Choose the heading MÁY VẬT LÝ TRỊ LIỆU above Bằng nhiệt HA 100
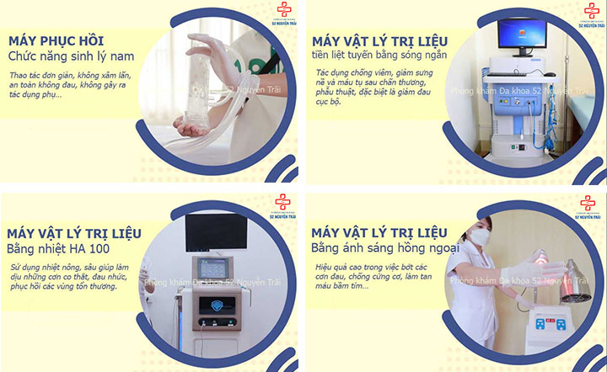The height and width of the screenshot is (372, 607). click(73, 232)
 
